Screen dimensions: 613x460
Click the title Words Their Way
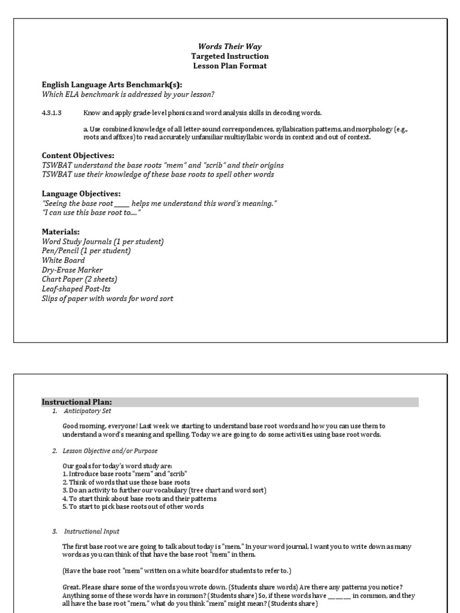pos(230,47)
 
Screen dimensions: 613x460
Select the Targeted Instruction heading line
pos(230,56)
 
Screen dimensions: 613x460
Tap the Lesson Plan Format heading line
pos(230,66)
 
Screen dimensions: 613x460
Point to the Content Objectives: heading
pos(78,156)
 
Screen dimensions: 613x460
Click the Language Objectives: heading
pos(81,193)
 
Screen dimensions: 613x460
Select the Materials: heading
pos(60,232)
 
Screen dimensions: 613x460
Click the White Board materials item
pos(63,260)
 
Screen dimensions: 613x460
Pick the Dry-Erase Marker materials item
pos(72,270)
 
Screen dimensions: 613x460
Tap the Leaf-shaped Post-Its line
pos(76,289)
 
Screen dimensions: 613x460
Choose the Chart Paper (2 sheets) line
pos(79,280)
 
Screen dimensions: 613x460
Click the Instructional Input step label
pos(92,531)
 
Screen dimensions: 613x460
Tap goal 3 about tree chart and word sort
pos(164,490)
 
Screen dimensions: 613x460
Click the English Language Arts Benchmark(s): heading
pos(111,84)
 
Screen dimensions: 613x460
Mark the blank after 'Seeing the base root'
pos(122,204)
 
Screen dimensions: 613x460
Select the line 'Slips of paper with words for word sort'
pos(107,298)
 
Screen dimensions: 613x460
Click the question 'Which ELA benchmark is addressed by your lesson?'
pos(128,94)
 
